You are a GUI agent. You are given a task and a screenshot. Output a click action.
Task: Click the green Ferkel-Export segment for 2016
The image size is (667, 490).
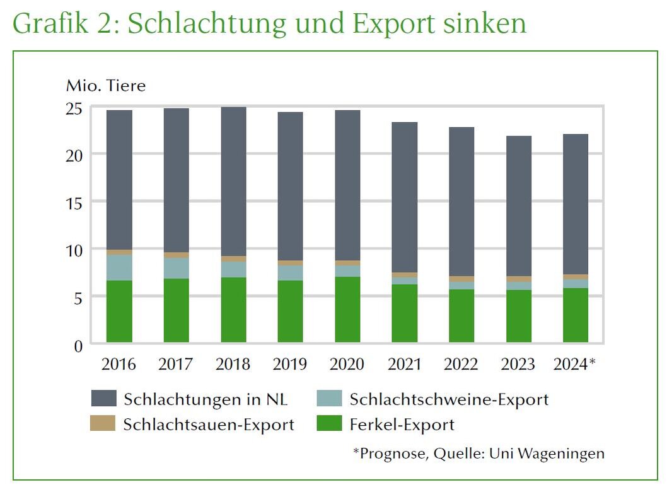pos(119,311)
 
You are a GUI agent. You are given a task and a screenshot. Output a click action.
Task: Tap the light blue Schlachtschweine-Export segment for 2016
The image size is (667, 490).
pos(119,267)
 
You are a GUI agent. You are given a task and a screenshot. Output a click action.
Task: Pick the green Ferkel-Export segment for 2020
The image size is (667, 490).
pos(347,309)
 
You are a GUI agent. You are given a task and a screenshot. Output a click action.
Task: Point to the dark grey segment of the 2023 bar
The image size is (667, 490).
pos(518,206)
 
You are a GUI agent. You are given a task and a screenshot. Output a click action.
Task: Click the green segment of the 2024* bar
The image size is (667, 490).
pos(575,315)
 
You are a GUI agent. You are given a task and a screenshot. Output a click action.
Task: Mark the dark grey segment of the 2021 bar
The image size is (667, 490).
pos(404,197)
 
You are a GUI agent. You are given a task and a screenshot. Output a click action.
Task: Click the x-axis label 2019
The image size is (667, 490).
pos(290,365)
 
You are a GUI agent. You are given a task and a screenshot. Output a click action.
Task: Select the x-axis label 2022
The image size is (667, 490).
pos(461,365)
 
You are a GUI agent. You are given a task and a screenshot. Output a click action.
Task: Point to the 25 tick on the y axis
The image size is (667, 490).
pos(74,108)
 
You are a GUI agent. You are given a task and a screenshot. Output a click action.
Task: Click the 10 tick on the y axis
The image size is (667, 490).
pos(74,250)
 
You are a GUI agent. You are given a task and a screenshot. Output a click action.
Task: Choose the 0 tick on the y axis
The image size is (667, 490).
pos(78,345)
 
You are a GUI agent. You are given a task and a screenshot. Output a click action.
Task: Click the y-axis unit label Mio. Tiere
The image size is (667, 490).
pos(105,86)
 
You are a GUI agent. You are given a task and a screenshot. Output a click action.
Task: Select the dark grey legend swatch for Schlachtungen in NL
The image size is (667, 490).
pos(104,399)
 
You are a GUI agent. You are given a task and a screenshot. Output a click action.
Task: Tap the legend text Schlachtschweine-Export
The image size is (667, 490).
pos(449,399)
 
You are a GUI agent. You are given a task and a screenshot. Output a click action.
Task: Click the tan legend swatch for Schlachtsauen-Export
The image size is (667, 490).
pos(104,424)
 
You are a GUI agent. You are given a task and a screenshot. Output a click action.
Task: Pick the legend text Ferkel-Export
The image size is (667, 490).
pos(402,424)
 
